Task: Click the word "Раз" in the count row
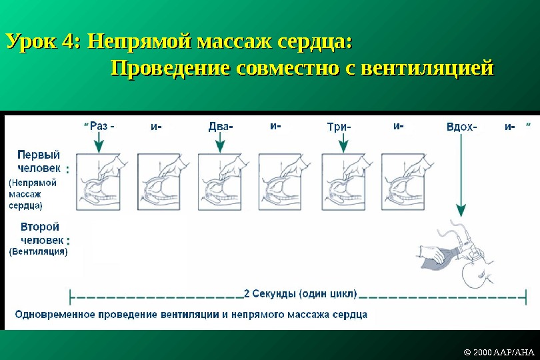(98, 126)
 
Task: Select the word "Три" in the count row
(337, 126)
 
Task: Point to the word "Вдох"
(459, 126)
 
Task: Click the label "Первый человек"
(38, 162)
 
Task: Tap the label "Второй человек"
(40, 233)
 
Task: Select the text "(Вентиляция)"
(37, 252)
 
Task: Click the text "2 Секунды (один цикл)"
(300, 293)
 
